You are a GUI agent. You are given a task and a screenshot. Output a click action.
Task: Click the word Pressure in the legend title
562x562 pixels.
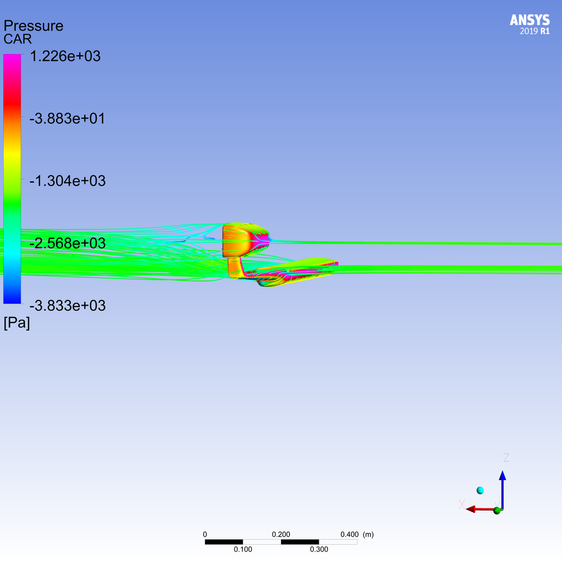pos(33,26)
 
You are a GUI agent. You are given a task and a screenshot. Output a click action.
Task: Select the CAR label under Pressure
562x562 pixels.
pos(17,39)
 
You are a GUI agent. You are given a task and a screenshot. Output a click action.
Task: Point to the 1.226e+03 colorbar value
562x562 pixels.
pos(65,56)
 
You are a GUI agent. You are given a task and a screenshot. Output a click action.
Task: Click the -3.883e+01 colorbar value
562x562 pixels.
pos(67,119)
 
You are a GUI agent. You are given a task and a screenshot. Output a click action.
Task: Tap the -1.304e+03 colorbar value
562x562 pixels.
pos(67,181)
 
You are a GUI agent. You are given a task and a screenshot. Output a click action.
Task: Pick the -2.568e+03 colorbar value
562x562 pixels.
pos(67,243)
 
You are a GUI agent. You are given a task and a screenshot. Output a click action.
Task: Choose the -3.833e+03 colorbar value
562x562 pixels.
pos(67,306)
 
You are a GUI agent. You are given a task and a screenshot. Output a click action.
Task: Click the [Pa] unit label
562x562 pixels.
pos(17,323)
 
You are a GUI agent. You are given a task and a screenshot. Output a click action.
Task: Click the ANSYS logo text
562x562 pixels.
pos(530,20)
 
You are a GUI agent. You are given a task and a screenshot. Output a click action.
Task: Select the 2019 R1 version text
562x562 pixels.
pos(535,31)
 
